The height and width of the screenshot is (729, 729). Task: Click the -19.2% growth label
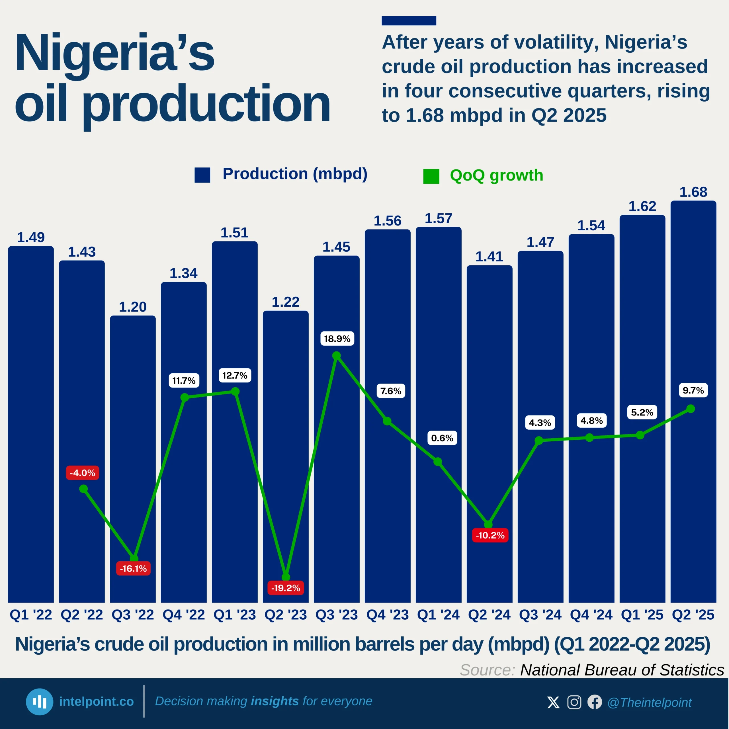pyautogui.click(x=286, y=588)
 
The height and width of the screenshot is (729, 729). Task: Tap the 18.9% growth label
pyautogui.click(x=337, y=339)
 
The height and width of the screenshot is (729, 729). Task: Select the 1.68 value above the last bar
pyautogui.click(x=693, y=192)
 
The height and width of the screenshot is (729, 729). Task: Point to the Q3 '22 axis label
pyautogui.click(x=133, y=615)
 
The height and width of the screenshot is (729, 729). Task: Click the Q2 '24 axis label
pyautogui.click(x=490, y=615)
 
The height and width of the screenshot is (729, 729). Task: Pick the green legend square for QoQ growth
pyautogui.click(x=431, y=176)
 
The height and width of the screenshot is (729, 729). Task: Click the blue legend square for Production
pyautogui.click(x=202, y=175)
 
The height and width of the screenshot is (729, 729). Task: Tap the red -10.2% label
pyautogui.click(x=490, y=535)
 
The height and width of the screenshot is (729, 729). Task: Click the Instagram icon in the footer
pyautogui.click(x=574, y=702)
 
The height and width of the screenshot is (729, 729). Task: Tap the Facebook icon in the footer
pyautogui.click(x=595, y=702)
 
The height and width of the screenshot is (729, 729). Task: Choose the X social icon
pyautogui.click(x=553, y=702)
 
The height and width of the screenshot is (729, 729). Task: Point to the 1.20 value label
pyautogui.click(x=133, y=307)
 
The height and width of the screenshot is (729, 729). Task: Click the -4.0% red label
pyautogui.click(x=83, y=473)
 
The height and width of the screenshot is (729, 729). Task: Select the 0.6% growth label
pyautogui.click(x=442, y=438)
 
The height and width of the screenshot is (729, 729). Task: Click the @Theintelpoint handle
pyautogui.click(x=649, y=703)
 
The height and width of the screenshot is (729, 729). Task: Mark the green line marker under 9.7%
pyautogui.click(x=691, y=409)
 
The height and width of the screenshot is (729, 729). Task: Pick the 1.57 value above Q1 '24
pyautogui.click(x=439, y=218)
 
